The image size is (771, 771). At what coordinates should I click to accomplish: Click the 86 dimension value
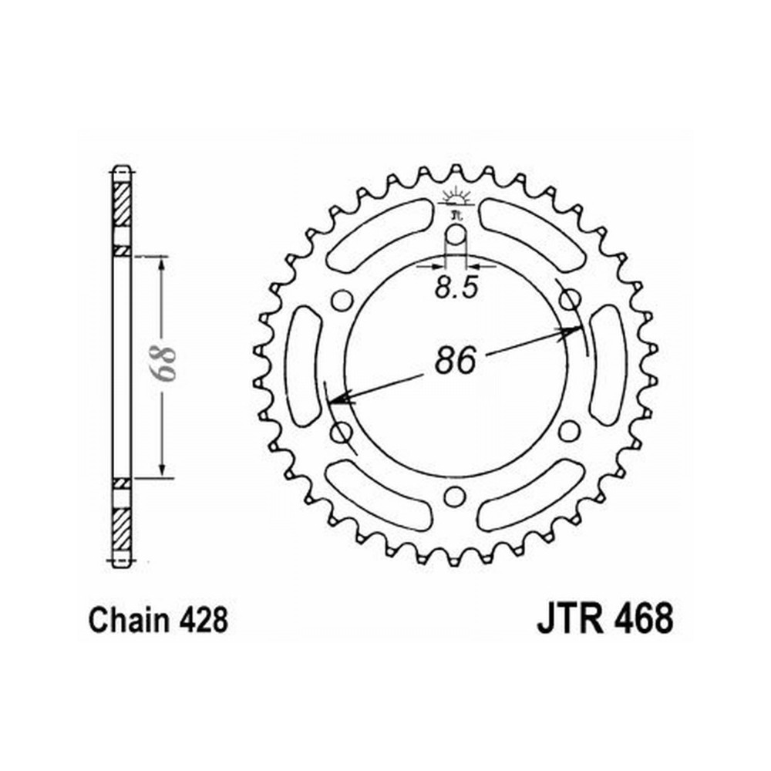point(456,359)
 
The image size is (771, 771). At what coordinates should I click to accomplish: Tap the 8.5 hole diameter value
point(456,288)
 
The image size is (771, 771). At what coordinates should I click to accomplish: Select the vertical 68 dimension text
point(162,364)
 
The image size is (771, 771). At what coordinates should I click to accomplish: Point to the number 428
point(203,620)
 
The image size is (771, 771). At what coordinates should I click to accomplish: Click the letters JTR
point(571,620)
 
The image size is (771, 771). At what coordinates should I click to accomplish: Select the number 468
point(643,620)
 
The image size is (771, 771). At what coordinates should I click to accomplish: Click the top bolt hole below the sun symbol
point(456,235)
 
